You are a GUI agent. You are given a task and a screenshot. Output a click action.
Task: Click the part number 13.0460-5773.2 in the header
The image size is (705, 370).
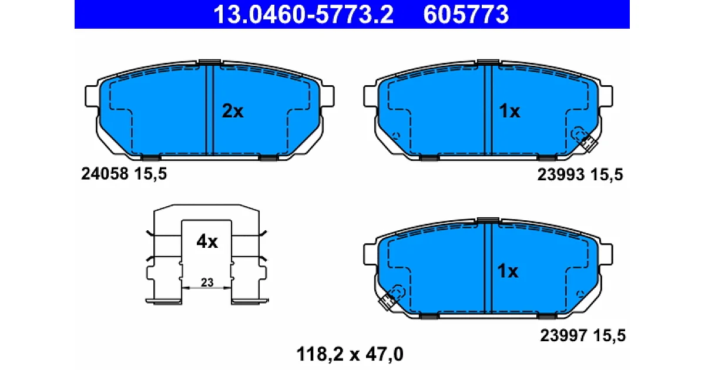(x=303, y=15)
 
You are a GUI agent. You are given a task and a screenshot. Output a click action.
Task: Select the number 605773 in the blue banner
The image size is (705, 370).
(x=466, y=15)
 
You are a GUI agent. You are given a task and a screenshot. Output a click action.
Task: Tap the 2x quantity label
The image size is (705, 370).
(x=233, y=111)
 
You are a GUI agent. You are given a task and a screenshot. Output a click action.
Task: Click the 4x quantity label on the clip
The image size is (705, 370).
(x=207, y=241)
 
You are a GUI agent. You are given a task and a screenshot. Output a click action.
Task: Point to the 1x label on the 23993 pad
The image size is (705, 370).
(x=509, y=111)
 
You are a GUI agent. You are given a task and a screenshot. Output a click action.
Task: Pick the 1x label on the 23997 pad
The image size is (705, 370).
(x=508, y=271)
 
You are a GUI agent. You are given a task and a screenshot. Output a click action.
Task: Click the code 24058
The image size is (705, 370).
(x=105, y=174)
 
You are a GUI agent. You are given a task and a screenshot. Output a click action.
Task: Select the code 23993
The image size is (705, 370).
(x=561, y=174)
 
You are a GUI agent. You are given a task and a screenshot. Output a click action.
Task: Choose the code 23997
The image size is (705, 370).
(x=563, y=335)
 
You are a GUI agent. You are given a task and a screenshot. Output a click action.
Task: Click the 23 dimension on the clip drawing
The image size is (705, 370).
(x=207, y=282)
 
